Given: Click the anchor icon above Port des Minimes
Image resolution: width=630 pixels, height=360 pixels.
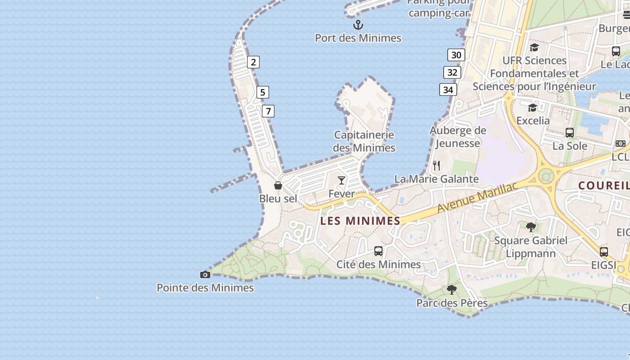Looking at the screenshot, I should [358, 24].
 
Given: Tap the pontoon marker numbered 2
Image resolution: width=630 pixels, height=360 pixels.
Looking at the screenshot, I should [253, 62].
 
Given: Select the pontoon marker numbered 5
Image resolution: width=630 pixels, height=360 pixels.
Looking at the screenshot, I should [262, 92].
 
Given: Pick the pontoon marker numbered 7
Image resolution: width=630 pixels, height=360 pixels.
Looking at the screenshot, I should [268, 111].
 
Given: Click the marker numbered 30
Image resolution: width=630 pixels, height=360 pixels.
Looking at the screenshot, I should [456, 55].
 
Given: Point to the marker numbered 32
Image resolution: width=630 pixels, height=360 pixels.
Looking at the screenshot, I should [452, 72].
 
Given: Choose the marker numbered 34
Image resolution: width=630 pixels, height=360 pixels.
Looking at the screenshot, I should [448, 90].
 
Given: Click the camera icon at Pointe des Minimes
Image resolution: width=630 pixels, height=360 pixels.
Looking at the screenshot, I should [205, 274].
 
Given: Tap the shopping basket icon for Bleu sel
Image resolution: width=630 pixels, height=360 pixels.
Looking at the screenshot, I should [278, 185].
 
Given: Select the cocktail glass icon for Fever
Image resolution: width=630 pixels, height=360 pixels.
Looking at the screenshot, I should [342, 180].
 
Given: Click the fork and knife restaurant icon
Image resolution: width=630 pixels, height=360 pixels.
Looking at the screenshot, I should [436, 165].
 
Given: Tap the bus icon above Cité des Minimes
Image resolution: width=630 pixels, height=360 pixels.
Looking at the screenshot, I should [378, 251].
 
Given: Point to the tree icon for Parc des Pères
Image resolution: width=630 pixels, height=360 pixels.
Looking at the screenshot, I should [452, 290].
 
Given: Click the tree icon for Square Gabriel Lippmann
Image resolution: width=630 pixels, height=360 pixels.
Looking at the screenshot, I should [531, 227].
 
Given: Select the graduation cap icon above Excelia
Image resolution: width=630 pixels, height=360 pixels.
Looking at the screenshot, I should [533, 108].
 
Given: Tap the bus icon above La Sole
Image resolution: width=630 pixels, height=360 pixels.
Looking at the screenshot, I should [570, 133].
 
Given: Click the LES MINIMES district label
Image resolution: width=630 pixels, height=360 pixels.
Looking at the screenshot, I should [360, 221].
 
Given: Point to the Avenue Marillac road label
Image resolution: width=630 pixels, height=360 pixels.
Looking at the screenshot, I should [477, 198].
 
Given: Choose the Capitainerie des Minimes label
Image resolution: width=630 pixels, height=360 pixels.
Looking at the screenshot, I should [364, 141].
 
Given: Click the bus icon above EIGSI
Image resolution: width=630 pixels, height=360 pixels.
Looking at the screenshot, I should [604, 252].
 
